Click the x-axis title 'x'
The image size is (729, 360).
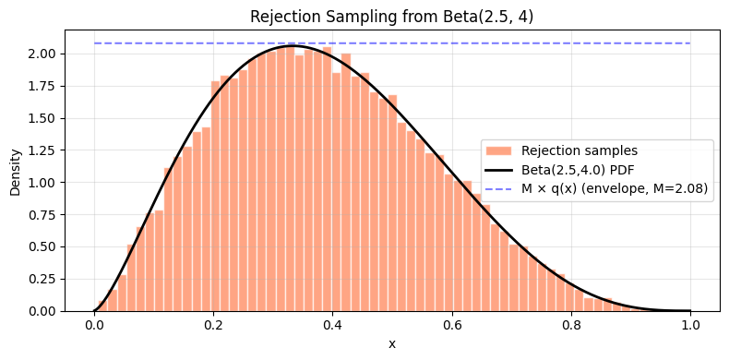pos(392,344)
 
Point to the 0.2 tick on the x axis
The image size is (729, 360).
pos(213,325)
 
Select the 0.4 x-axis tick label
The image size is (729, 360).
pos(332,325)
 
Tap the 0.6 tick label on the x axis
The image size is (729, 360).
pos(452,325)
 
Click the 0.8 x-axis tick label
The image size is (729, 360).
pos(571,325)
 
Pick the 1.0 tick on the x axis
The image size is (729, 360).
pos(690,325)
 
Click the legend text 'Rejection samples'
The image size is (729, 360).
pos(579,151)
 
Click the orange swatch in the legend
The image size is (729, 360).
pos(499,151)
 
